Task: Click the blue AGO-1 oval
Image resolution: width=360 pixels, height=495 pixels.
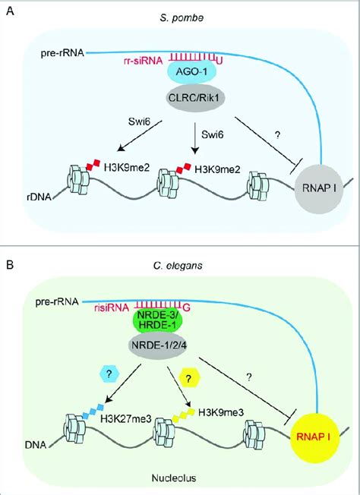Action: [191, 72]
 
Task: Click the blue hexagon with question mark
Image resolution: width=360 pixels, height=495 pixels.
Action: [109, 374]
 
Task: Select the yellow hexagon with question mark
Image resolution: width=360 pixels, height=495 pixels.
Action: [188, 379]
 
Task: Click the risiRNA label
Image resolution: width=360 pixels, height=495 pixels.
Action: [112, 307]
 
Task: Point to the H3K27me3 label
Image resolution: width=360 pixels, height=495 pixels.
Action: [126, 419]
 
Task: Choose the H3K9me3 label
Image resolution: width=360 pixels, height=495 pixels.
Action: [221, 412]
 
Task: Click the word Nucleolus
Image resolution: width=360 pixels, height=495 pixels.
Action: [174, 478]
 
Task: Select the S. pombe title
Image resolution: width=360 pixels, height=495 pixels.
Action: [181, 18]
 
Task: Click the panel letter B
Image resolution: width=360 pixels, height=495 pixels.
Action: [10, 264]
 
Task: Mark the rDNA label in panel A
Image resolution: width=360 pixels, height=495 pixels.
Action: [39, 197]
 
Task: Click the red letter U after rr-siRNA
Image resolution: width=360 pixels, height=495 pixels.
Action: [219, 60]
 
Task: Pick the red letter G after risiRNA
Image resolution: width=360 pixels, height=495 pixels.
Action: [187, 307]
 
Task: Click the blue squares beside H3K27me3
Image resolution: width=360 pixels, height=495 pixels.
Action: [93, 411]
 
